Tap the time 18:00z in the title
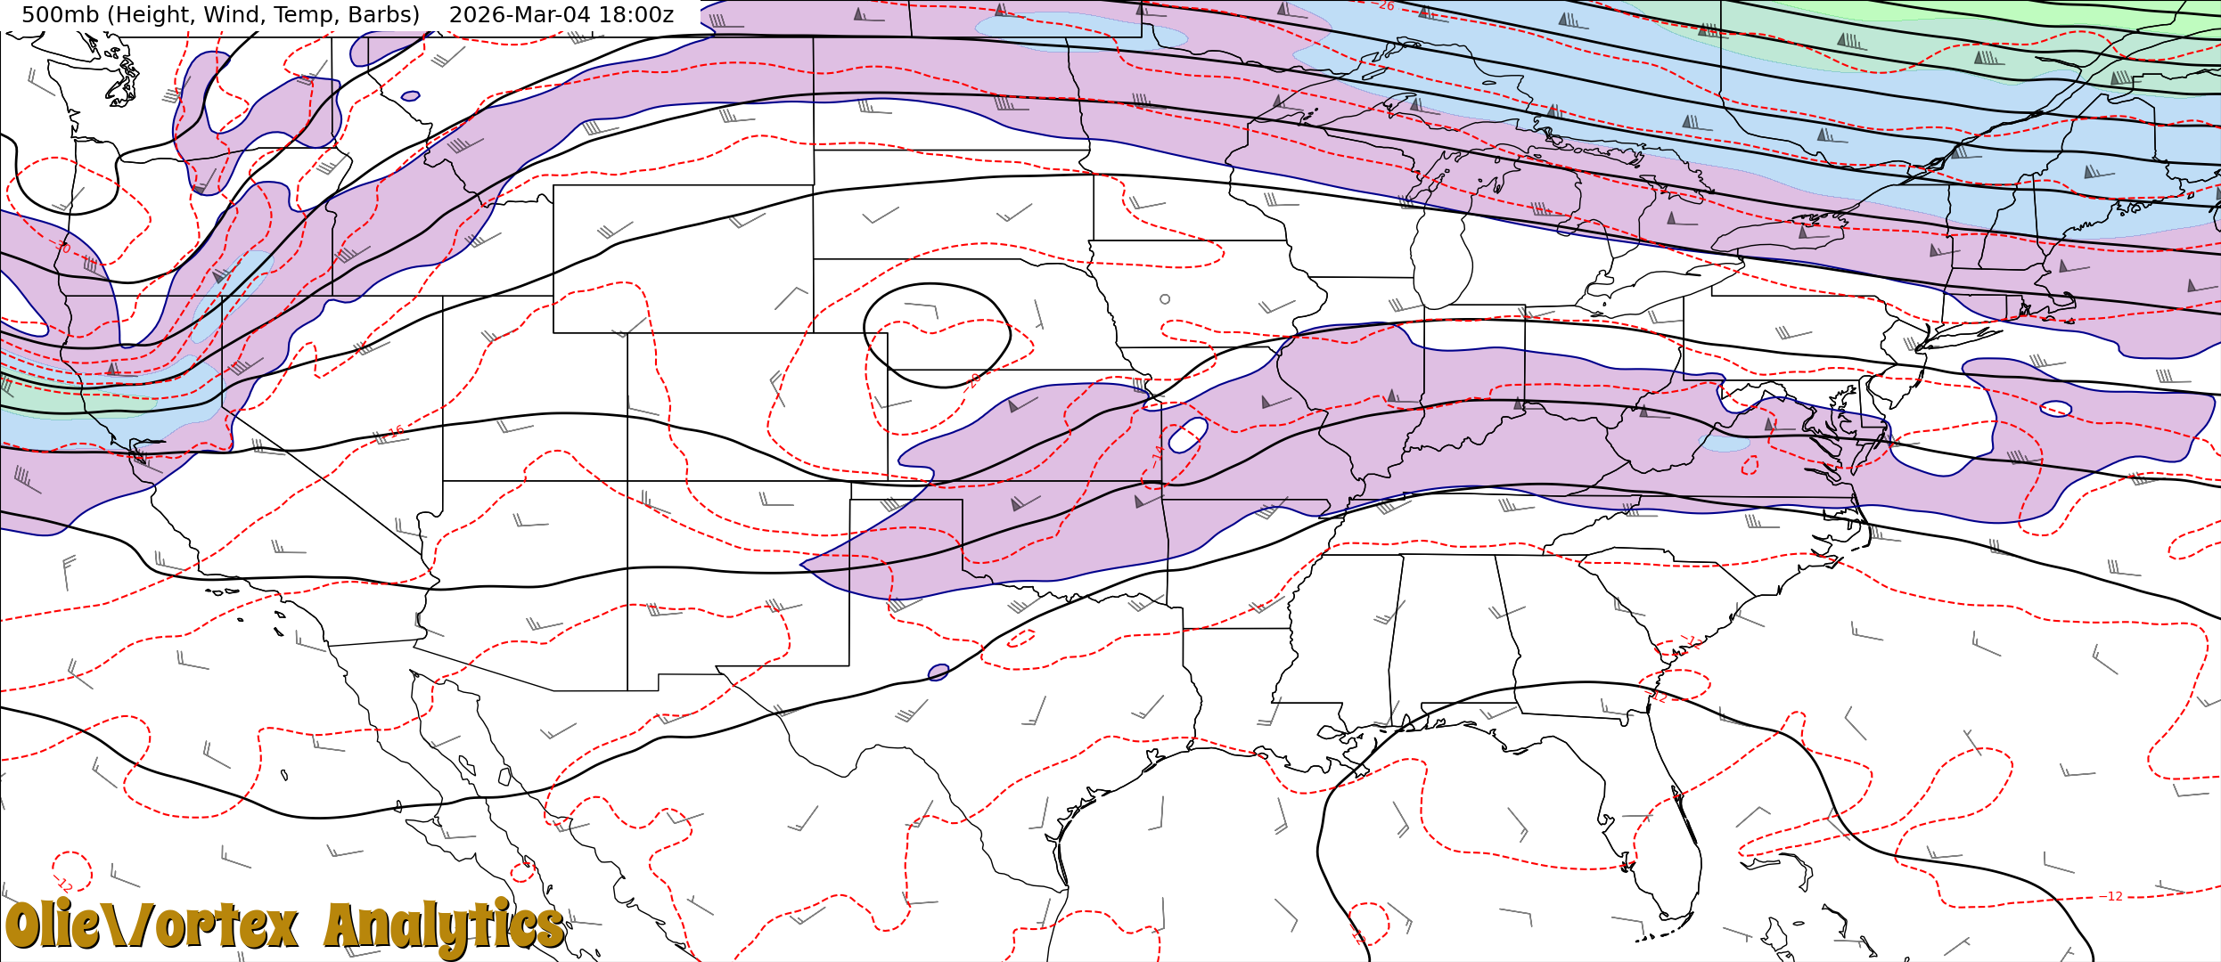[x=640, y=15]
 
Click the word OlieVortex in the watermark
[x=152, y=926]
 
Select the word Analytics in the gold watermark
[x=444, y=926]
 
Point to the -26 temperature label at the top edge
[x=1385, y=6]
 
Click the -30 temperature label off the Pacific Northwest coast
[x=61, y=246]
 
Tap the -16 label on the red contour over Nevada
[x=395, y=432]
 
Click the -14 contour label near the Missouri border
[x=1157, y=457]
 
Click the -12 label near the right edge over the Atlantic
[x=2113, y=896]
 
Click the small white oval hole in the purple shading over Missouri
[x=1188, y=435]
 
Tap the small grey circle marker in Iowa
[x=1165, y=299]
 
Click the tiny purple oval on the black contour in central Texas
[x=938, y=673]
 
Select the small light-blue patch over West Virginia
[x=1727, y=443]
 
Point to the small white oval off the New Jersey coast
[x=2055, y=409]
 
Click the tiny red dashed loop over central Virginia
[x=1750, y=465]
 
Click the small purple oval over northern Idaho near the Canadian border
[x=410, y=96]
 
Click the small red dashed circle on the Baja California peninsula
[x=523, y=872]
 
